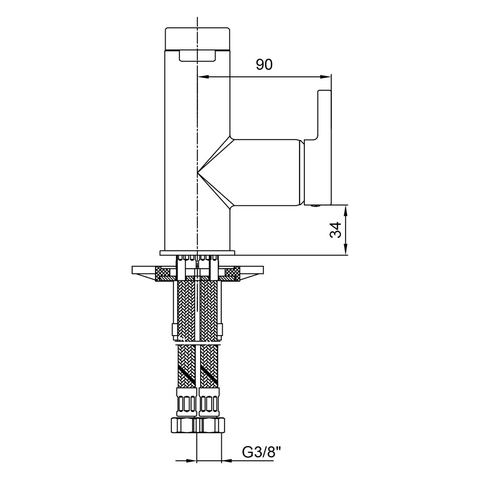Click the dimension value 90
[x=264, y=64]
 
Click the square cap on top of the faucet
[x=197, y=39]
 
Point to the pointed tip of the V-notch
[x=198, y=173]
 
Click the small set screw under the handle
[x=315, y=206]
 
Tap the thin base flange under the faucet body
[x=197, y=253]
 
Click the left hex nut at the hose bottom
[x=183, y=425]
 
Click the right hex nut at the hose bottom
[x=211, y=425]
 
